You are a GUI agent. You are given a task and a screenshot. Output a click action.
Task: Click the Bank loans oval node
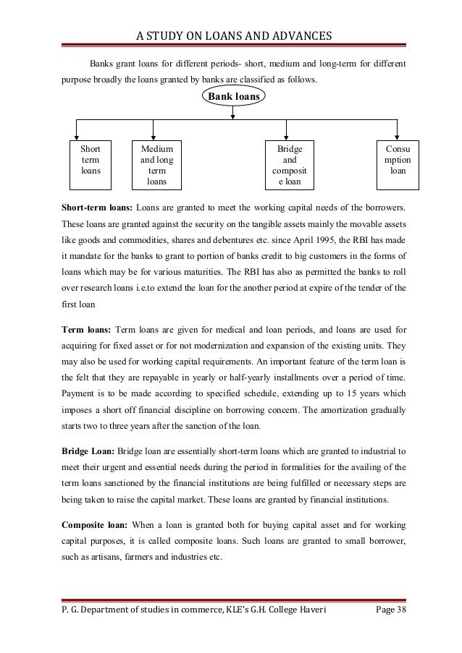pyautogui.click(x=232, y=96)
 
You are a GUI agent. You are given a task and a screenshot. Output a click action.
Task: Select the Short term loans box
pyautogui.click(x=91, y=161)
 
